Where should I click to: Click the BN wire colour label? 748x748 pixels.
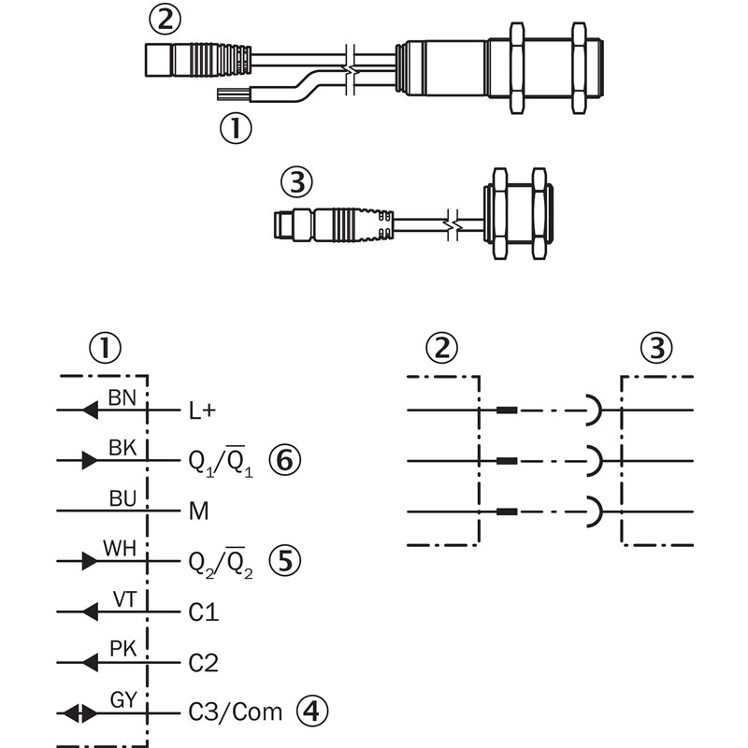point(122,397)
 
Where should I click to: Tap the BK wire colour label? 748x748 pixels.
point(122,448)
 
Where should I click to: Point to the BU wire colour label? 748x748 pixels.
point(122,498)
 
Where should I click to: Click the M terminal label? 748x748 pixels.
point(197,511)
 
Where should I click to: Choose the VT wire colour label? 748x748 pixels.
point(124,599)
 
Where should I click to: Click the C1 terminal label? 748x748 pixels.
point(203,612)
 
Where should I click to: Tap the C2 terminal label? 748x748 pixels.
point(203,663)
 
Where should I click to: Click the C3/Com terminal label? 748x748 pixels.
point(235,713)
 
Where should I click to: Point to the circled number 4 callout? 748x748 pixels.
point(313,712)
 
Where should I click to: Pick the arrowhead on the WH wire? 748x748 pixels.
point(89,562)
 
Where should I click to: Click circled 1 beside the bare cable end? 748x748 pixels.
point(237,126)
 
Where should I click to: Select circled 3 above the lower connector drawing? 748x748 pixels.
point(296,183)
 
